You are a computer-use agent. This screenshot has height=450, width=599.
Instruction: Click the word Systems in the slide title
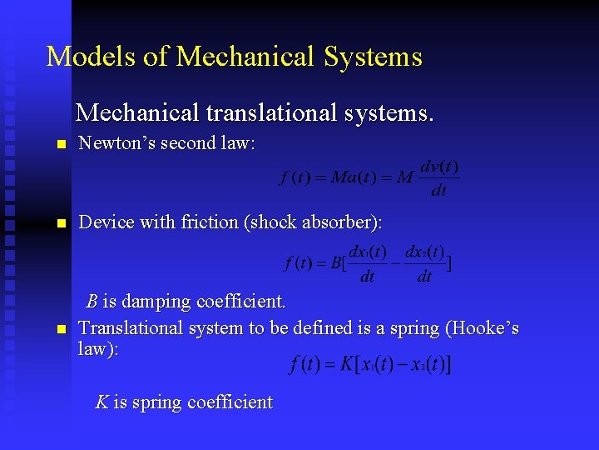(374, 57)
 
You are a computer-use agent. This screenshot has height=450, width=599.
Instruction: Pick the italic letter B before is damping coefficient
(93, 300)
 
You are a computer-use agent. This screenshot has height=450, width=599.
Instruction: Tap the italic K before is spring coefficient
(101, 402)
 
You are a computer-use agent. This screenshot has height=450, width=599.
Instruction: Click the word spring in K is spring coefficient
(155, 402)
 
